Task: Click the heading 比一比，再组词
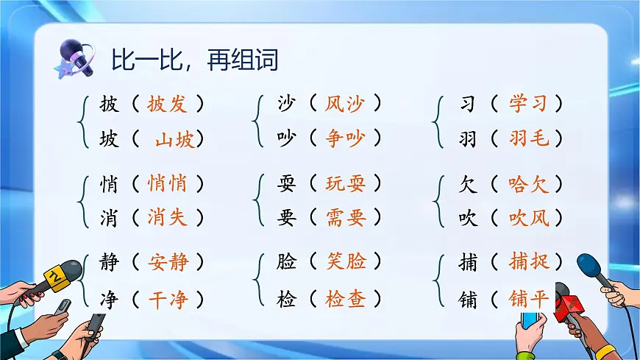click(194, 60)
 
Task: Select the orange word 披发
click(167, 104)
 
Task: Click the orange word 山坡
click(175, 138)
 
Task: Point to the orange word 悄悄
click(167, 183)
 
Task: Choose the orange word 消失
click(167, 217)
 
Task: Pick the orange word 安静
click(168, 262)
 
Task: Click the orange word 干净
click(168, 300)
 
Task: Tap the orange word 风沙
click(345, 104)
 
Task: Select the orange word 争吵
click(345, 138)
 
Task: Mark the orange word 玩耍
click(345, 183)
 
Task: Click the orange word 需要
click(345, 217)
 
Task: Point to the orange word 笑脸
click(346, 261)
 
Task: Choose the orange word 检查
click(346, 300)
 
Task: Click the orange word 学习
click(528, 104)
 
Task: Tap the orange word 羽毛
click(528, 138)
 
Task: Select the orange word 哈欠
click(528, 183)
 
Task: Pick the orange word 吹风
click(528, 217)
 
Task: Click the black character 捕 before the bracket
click(467, 262)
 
